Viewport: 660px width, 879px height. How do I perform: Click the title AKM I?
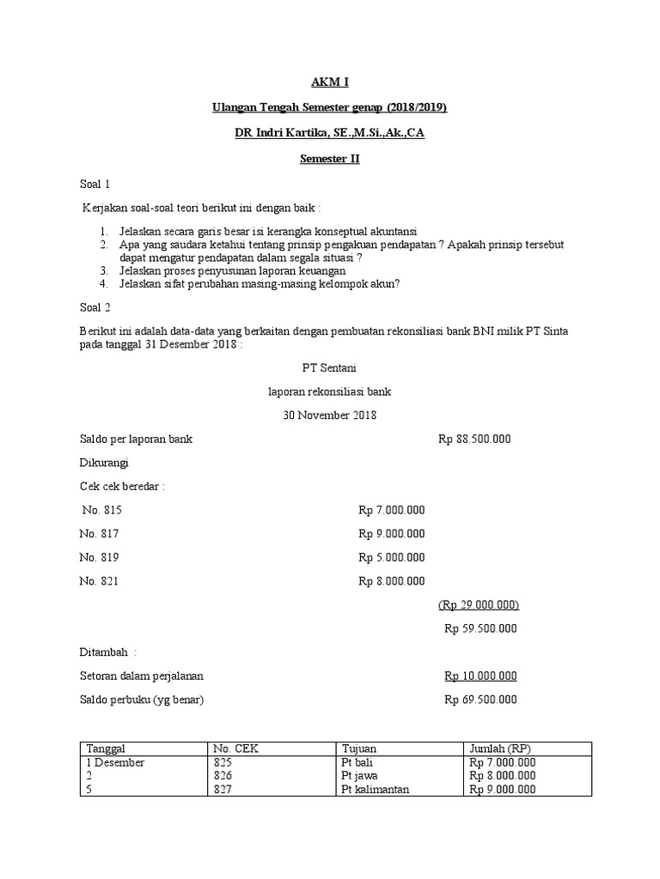click(330, 82)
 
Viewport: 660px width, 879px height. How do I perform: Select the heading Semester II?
click(330, 159)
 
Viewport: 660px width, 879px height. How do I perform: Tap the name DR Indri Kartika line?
click(330, 133)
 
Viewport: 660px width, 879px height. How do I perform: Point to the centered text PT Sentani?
click(330, 367)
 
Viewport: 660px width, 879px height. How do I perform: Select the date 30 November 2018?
click(330, 415)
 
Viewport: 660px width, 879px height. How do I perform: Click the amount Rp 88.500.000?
click(474, 439)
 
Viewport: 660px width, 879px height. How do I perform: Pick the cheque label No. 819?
click(101, 557)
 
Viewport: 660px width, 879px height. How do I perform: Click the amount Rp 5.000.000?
click(392, 557)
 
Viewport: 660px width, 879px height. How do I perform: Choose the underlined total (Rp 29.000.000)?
click(479, 604)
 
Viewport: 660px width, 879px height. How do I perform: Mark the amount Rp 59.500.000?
click(480, 628)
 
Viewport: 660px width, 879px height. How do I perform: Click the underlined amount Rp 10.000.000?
click(480, 676)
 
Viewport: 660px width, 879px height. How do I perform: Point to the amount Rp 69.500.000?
click(480, 700)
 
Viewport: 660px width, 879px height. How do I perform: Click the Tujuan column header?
click(359, 749)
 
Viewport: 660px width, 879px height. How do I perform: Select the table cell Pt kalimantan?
click(374, 790)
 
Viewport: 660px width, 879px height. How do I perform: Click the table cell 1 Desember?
click(115, 762)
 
